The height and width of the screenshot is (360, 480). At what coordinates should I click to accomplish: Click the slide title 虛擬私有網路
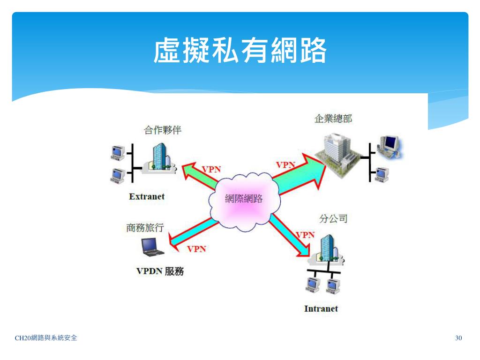point(240,51)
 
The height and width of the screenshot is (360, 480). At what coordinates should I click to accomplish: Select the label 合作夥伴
point(163,130)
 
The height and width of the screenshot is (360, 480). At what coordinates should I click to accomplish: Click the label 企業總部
point(333,119)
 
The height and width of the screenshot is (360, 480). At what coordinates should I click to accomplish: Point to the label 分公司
point(333,218)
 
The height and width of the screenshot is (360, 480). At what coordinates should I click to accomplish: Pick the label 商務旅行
point(145,228)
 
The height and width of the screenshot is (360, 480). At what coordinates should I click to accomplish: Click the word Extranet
point(147,196)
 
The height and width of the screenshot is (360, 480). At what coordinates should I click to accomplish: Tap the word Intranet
point(321,308)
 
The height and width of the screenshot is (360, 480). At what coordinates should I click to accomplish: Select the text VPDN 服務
point(160,271)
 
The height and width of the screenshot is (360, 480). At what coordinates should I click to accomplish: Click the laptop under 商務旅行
point(152,247)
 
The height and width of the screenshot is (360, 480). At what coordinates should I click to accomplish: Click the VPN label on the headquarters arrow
point(285,165)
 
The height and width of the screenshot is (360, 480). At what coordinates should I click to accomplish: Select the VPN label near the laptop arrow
point(196,249)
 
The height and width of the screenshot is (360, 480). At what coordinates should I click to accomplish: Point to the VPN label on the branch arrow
point(305,235)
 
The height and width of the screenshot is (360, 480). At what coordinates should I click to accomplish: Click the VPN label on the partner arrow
point(211,169)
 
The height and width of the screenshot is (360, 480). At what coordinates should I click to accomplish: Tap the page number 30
point(458,338)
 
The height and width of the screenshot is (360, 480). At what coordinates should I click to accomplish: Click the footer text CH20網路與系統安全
point(46,337)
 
